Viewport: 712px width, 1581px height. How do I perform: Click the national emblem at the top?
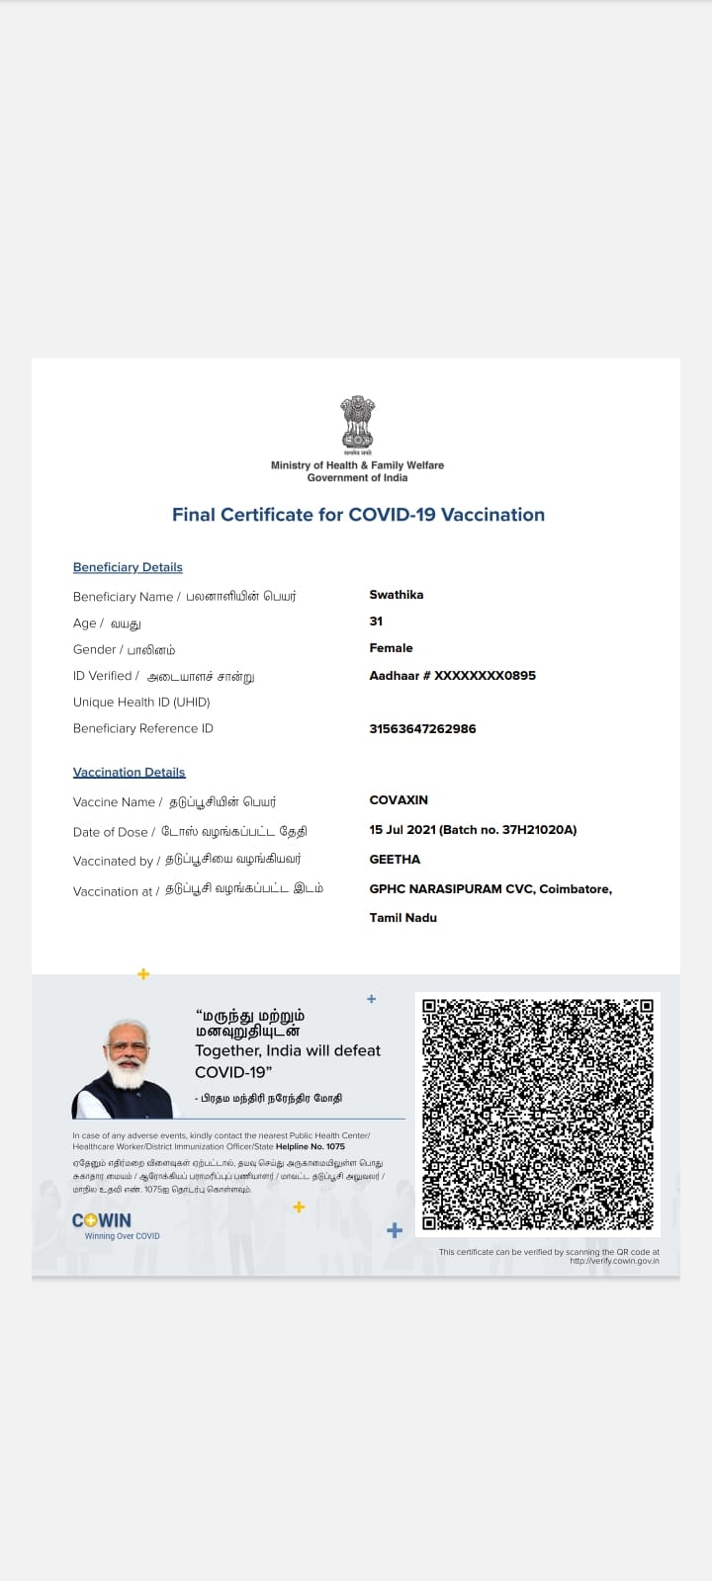pyautogui.click(x=357, y=424)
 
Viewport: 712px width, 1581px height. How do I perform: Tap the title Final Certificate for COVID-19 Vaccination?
pyautogui.click(x=358, y=515)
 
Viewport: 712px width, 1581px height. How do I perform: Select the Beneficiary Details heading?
pyautogui.click(x=128, y=567)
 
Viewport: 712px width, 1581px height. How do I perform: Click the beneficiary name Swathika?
pyautogui.click(x=396, y=595)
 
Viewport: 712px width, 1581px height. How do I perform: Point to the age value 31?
pyautogui.click(x=376, y=622)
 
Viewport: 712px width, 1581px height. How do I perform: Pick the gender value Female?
pyautogui.click(x=391, y=648)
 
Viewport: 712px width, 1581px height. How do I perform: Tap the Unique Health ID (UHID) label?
pyautogui.click(x=141, y=703)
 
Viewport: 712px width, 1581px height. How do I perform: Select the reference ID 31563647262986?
pyautogui.click(x=422, y=729)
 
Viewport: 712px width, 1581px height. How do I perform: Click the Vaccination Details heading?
pyautogui.click(x=129, y=773)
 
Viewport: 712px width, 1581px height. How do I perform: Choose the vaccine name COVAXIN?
pyautogui.click(x=399, y=800)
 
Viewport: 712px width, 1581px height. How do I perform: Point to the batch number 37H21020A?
pyautogui.click(x=539, y=830)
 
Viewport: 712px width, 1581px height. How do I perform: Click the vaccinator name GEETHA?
pyautogui.click(x=395, y=860)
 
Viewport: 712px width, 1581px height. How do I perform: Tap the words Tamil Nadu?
pyautogui.click(x=402, y=918)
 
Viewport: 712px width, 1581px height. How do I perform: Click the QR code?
pyautogui.click(x=537, y=1114)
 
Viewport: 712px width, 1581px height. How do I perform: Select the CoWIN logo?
pyautogui.click(x=102, y=1221)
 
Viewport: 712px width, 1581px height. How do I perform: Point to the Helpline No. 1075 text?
pyautogui.click(x=311, y=1147)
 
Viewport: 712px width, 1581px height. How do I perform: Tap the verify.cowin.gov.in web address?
pyautogui.click(x=614, y=1261)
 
